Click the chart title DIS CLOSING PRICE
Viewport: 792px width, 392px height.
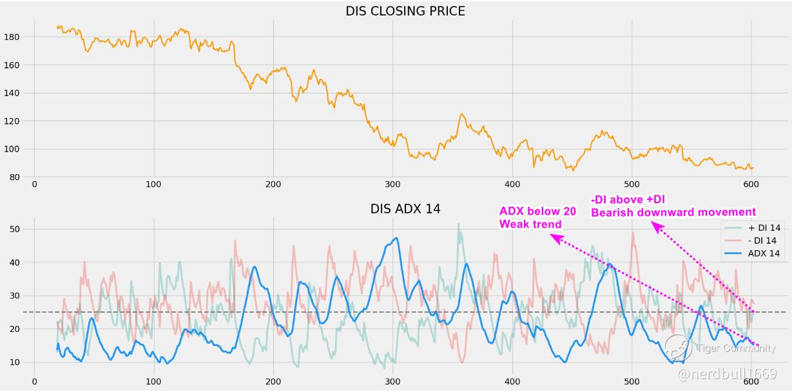405,11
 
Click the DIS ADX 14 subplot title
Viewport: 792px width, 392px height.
405,209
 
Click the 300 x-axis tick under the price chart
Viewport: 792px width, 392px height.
392,184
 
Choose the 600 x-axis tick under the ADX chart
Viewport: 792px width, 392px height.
751,380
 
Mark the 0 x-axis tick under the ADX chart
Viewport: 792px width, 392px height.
34,380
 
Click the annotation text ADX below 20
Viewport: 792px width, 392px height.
537,211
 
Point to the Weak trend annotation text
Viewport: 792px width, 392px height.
530,224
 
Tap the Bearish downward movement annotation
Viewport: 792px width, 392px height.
673,212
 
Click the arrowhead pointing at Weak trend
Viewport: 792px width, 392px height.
554,237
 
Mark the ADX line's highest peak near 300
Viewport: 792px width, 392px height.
395,238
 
